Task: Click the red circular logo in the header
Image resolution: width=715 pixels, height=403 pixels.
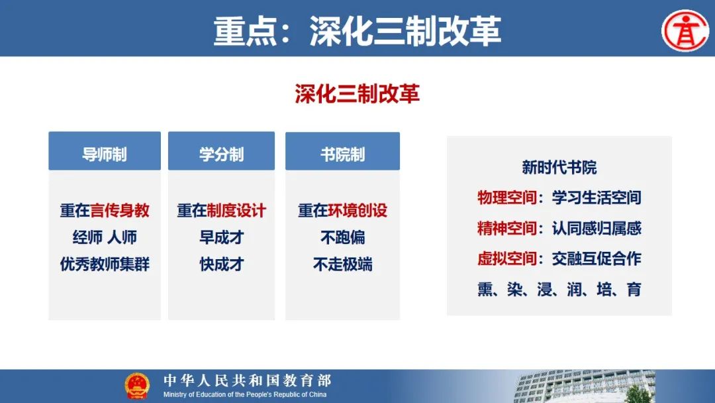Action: [685, 30]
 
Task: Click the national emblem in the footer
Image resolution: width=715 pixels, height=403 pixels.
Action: [137, 386]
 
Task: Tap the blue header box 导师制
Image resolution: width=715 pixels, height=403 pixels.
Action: [105, 151]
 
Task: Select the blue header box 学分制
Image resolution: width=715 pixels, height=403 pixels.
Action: [221, 151]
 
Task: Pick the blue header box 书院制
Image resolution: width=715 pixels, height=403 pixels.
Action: [342, 151]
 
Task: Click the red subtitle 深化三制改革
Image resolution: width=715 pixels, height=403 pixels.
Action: [357, 93]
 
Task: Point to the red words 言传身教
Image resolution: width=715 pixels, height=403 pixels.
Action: [120, 210]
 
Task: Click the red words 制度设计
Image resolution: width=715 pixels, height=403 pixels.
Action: [236, 210]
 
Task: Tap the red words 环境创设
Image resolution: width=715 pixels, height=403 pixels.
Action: [358, 210]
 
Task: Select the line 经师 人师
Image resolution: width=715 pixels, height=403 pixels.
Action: [105, 237]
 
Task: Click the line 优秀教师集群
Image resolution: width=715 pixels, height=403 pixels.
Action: [105, 264]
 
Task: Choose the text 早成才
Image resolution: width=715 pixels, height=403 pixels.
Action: [222, 237]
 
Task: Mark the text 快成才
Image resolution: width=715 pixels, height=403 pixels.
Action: [222, 264]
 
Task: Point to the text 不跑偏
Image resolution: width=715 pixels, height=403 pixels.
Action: [342, 237]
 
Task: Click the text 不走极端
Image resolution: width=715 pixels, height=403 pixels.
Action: [342, 264]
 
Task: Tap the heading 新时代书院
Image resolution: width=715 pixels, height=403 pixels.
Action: [559, 168]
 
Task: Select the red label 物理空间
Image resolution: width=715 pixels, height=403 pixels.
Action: [506, 198]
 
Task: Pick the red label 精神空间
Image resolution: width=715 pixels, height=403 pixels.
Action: [506, 228]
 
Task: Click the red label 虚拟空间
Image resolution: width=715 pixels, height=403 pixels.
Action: [506, 259]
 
